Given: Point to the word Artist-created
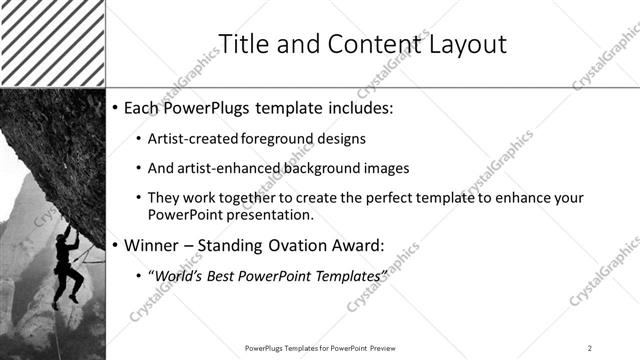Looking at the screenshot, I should pyautogui.click(x=192, y=139).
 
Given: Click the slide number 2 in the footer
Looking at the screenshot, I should pyautogui.click(x=590, y=347).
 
